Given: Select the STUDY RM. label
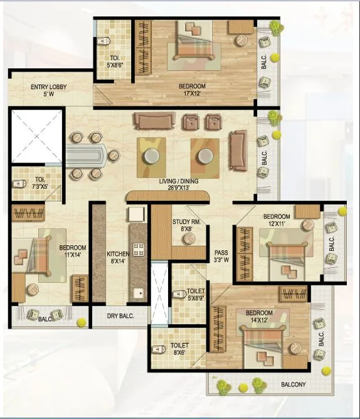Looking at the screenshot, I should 186,225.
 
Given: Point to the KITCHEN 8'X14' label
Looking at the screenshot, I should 117,258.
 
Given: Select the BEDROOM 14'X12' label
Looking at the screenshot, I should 259,317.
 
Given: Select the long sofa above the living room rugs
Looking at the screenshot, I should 153,121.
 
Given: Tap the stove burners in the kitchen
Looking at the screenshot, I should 137,249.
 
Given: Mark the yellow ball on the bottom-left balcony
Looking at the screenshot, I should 81,322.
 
